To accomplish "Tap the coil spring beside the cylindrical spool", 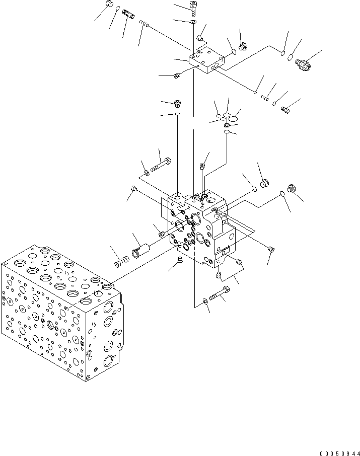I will tap(121, 262).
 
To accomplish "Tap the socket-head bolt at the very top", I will tap(194, 7).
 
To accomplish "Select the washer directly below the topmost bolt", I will tap(194, 22).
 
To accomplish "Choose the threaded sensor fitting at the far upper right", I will tap(302, 64).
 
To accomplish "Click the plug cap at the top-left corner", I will tap(108, 6).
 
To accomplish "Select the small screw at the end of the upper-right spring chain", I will tap(285, 108).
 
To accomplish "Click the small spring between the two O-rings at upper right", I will tap(264, 98).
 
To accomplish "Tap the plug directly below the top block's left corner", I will tap(177, 76).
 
